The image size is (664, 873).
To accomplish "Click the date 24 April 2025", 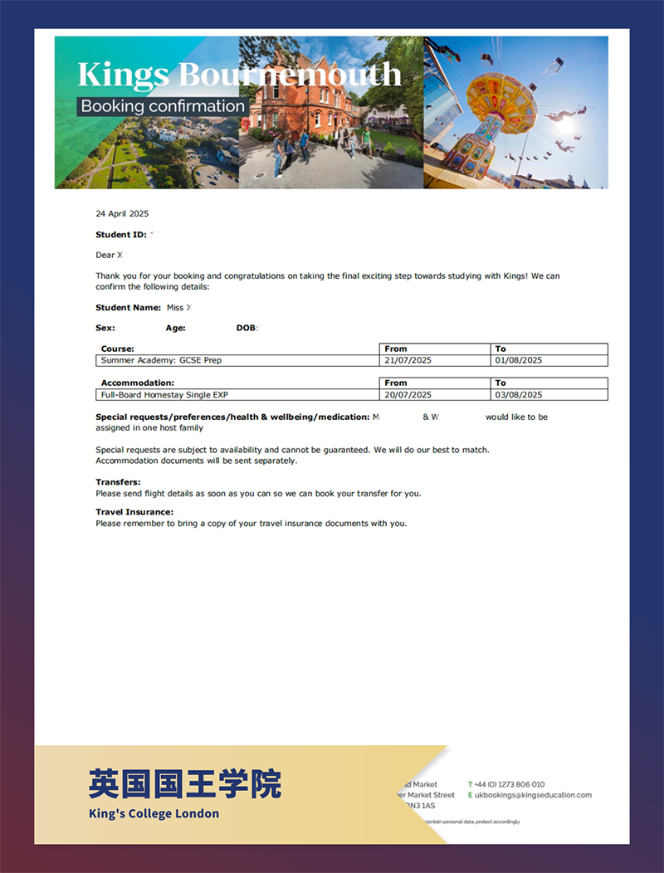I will (x=122, y=214).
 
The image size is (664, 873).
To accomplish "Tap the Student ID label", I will (x=121, y=235).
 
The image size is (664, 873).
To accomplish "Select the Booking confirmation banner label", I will (x=163, y=106).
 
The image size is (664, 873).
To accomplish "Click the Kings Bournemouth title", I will (x=239, y=75).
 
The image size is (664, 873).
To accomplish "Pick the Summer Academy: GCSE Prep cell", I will (x=161, y=361).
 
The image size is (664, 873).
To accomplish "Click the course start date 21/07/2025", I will (x=408, y=361).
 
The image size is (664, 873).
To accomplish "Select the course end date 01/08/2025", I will (x=519, y=361).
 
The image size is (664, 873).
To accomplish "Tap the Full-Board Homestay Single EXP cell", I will (x=164, y=395).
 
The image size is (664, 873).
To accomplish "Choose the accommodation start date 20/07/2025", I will (x=408, y=395).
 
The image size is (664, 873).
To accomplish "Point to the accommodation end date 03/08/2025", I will (x=519, y=395).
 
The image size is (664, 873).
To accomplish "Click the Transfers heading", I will (x=118, y=482).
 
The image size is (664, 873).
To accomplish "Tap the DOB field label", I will (x=247, y=329).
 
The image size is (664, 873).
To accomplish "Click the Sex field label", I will (x=105, y=329).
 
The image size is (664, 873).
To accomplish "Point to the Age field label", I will (x=175, y=329).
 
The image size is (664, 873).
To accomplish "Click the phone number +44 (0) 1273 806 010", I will (x=510, y=784).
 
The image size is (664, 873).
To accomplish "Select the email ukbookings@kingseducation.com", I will (x=533, y=795).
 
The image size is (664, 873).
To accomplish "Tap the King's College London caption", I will (x=154, y=814).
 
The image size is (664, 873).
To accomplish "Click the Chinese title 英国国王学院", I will (x=185, y=783).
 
